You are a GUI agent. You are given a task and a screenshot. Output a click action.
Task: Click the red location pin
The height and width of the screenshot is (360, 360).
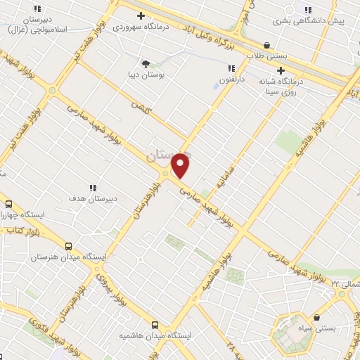(x=181, y=165)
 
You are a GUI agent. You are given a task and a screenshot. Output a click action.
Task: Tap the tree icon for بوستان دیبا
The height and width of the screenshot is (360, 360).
(x=146, y=64)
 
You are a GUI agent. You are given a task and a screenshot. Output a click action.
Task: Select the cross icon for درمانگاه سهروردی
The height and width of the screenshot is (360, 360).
(x=141, y=15)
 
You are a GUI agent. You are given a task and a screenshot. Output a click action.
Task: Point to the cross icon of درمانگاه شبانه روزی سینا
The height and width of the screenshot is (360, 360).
(x=281, y=70)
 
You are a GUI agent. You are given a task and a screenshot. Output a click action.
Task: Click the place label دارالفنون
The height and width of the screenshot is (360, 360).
(x=230, y=82)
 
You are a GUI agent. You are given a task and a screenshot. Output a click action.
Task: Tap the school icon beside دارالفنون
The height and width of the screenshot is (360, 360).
(x=231, y=68)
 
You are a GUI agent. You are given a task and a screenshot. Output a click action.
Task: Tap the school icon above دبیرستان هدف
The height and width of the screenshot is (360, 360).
(x=92, y=188)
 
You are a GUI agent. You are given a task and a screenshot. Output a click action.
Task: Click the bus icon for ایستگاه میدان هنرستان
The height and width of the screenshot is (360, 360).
(x=68, y=246)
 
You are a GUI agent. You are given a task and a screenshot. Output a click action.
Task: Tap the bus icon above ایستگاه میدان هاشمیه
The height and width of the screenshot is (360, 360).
(x=154, y=326)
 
